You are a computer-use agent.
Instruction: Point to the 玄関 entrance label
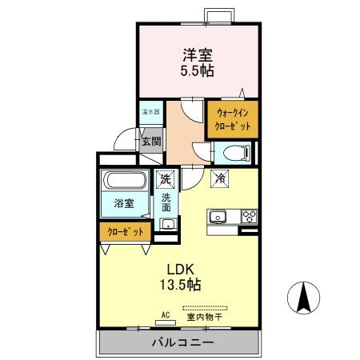(x=150, y=142)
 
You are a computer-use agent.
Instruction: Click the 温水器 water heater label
(x=150, y=113)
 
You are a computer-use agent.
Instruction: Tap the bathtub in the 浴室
(x=124, y=182)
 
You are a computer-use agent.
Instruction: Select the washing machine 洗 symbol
(x=165, y=179)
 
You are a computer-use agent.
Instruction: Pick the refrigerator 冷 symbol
(x=218, y=179)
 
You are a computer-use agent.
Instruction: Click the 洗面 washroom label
(x=166, y=202)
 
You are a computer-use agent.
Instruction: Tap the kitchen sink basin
(x=218, y=216)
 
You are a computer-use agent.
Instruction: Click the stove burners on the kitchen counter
(x=249, y=215)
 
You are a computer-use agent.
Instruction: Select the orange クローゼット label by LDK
(x=125, y=232)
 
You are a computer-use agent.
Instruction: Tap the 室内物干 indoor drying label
(x=206, y=316)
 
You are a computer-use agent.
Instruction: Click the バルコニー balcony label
(x=182, y=343)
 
